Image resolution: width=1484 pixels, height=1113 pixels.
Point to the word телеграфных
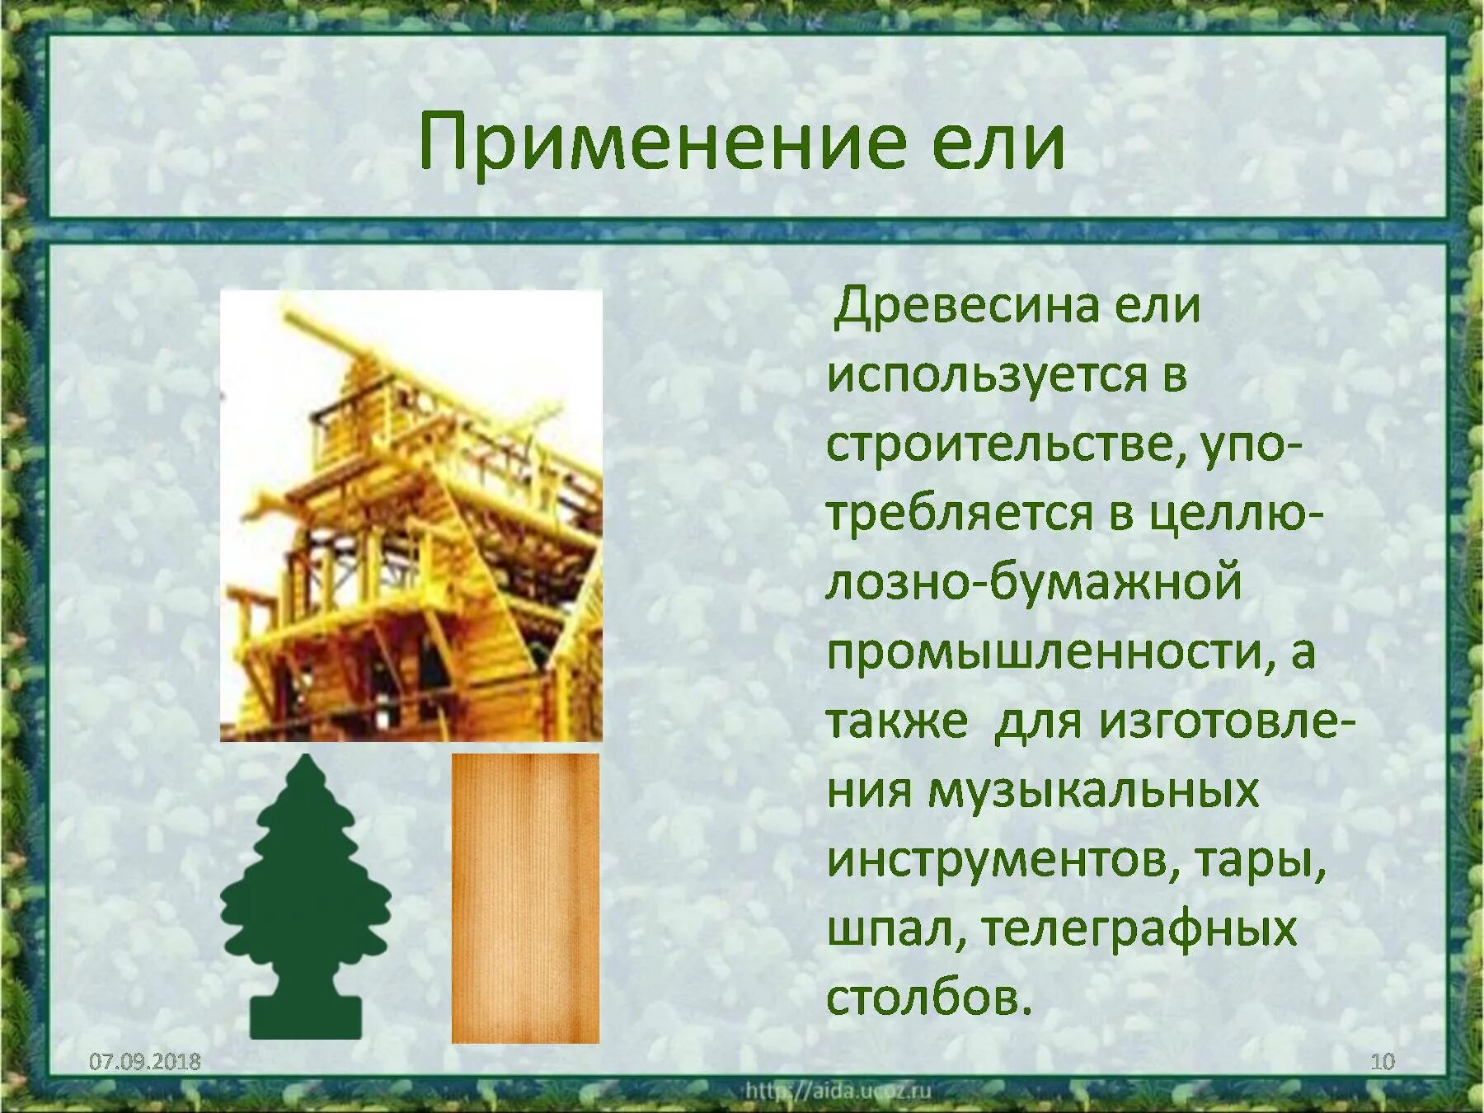[1139, 930]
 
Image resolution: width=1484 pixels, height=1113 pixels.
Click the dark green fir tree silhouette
[306, 899]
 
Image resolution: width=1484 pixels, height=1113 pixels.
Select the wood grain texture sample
[525, 899]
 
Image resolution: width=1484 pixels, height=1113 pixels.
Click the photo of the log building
[411, 516]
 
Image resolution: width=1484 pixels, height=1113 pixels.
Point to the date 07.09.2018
[145, 1061]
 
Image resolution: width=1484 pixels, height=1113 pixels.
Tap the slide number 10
[1382, 1061]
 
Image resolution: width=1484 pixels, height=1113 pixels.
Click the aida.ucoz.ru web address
[838, 1092]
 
